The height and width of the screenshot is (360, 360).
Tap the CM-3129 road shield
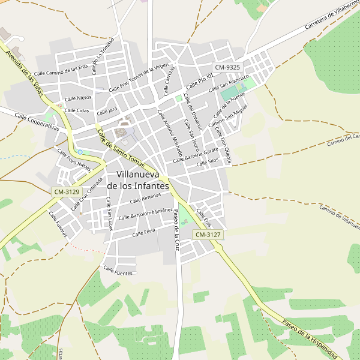[66, 192]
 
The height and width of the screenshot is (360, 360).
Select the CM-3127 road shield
[208, 235]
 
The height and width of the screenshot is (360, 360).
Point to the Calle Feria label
[144, 232]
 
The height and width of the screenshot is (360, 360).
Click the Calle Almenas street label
[146, 199]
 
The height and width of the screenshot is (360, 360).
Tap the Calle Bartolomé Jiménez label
[146, 214]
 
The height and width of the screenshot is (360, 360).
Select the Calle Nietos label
[78, 98]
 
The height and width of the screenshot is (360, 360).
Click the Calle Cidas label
[77, 110]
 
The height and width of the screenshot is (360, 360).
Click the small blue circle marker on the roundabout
[80, 152]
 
